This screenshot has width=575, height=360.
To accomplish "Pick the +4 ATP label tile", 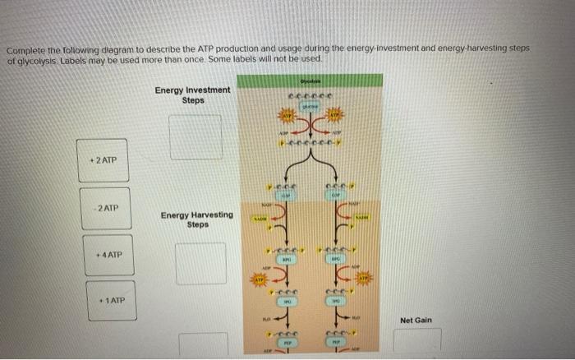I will (x=108, y=255).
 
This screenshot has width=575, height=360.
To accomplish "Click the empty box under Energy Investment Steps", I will (x=195, y=136).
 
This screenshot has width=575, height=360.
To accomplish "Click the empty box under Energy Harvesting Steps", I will (x=200, y=263).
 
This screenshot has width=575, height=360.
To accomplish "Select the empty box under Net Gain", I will (x=416, y=340).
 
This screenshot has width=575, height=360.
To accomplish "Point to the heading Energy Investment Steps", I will (x=193, y=95).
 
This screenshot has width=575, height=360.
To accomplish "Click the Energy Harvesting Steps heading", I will (x=197, y=219).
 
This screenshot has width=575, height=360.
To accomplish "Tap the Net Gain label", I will (x=416, y=320).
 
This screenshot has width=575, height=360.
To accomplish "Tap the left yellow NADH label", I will (x=260, y=219).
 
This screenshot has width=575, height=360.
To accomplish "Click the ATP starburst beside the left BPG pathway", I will (x=260, y=279).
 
